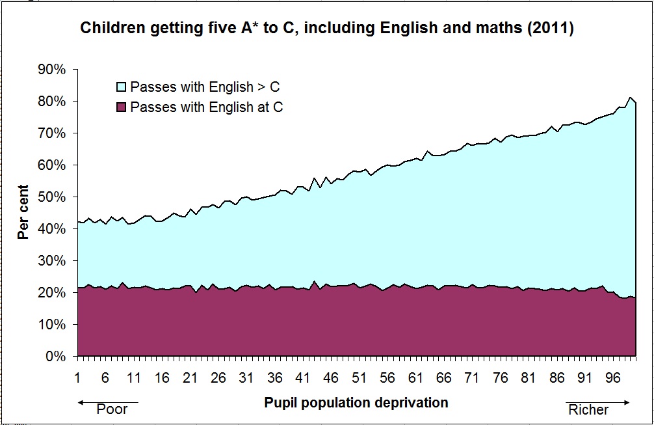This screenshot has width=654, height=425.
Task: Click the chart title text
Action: tap(326, 29)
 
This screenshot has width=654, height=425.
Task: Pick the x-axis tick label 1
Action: tap(77, 377)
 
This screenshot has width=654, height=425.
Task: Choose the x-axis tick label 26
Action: tap(218, 377)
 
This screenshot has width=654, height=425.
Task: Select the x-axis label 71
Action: tap(471, 377)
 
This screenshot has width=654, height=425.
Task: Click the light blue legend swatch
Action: tap(122, 87)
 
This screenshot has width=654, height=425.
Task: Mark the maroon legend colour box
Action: tap(122, 107)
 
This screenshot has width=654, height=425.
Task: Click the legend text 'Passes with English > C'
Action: tap(205, 87)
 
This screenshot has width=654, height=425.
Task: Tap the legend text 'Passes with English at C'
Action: tap(207, 107)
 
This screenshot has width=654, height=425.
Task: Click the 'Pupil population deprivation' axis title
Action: tap(356, 402)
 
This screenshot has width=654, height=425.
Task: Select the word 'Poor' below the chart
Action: tap(112, 410)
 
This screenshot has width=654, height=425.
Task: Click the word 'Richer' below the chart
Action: tap(588, 410)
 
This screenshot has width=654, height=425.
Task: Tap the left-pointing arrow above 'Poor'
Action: tap(108, 402)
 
